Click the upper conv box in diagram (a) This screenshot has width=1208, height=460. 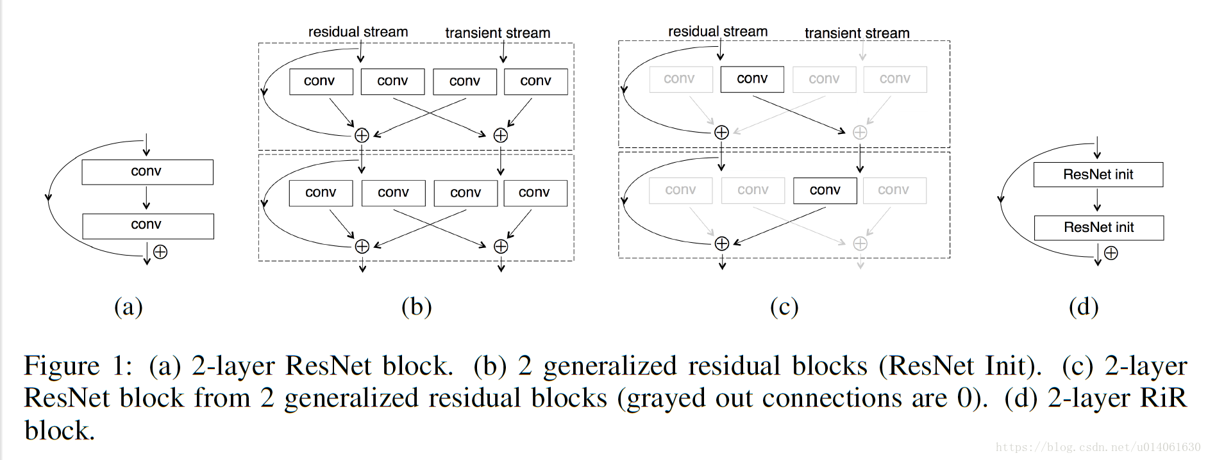click(x=147, y=172)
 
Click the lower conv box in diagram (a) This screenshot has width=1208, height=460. click(x=147, y=226)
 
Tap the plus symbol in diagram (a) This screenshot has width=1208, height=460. click(x=160, y=252)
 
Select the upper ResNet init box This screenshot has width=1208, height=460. click(x=1098, y=174)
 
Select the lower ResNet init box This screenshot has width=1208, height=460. click(x=1098, y=227)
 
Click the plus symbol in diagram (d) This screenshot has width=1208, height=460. click(x=1111, y=253)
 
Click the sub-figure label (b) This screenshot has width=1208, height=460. click(x=416, y=307)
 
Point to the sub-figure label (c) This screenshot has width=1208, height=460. click(x=784, y=307)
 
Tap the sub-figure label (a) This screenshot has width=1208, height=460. click(x=128, y=307)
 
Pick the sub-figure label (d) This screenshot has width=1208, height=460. click(x=1083, y=307)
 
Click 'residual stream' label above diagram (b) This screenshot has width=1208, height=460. click(x=358, y=32)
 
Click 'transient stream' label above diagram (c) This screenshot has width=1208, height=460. click(x=857, y=33)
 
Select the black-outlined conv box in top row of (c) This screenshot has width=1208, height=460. click(x=751, y=79)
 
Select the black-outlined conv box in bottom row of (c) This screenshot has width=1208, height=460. click(x=825, y=190)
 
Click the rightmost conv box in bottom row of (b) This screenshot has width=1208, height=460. click(x=535, y=193)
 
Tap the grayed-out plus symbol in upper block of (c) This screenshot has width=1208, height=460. click(x=860, y=132)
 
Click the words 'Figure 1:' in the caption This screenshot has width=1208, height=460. click(x=78, y=366)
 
